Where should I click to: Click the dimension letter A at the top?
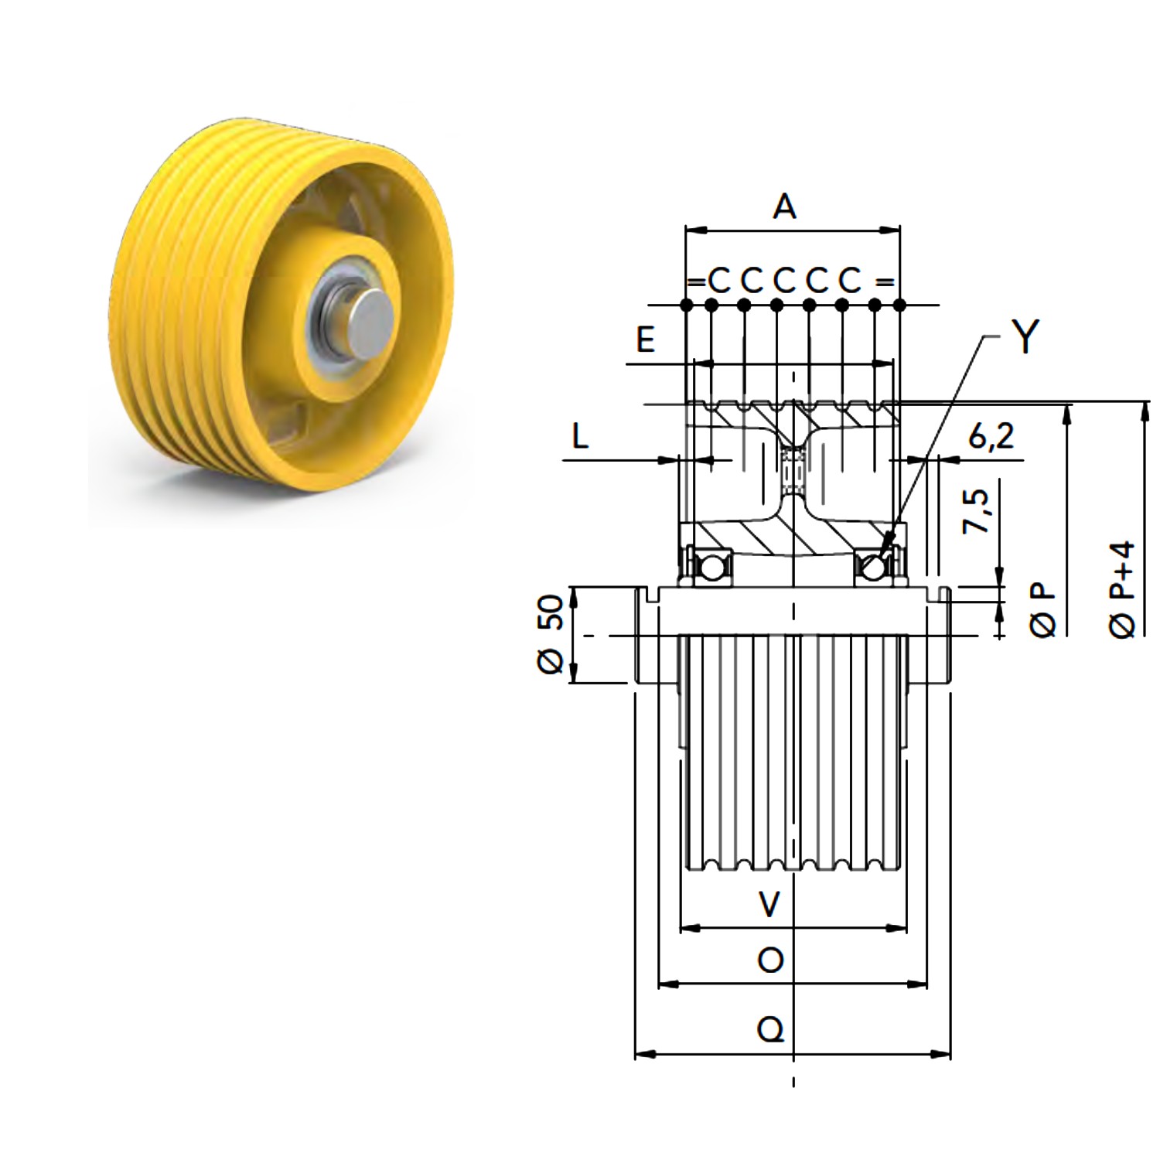pyautogui.click(x=784, y=206)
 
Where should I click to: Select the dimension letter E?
pyautogui.click(x=645, y=339)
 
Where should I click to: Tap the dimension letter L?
pyautogui.click(x=580, y=437)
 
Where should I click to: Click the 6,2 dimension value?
pyautogui.click(x=991, y=438)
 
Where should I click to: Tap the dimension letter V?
pyautogui.click(x=769, y=903)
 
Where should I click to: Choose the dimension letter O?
pyautogui.click(x=770, y=961)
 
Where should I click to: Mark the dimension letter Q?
pyautogui.click(x=770, y=1030)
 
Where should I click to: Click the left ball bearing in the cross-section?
pyautogui.click(x=711, y=567)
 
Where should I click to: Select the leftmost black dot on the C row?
pyautogui.click(x=686, y=305)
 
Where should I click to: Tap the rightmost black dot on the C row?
pyautogui.click(x=899, y=305)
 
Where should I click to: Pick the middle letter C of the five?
pyautogui.click(x=784, y=281)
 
